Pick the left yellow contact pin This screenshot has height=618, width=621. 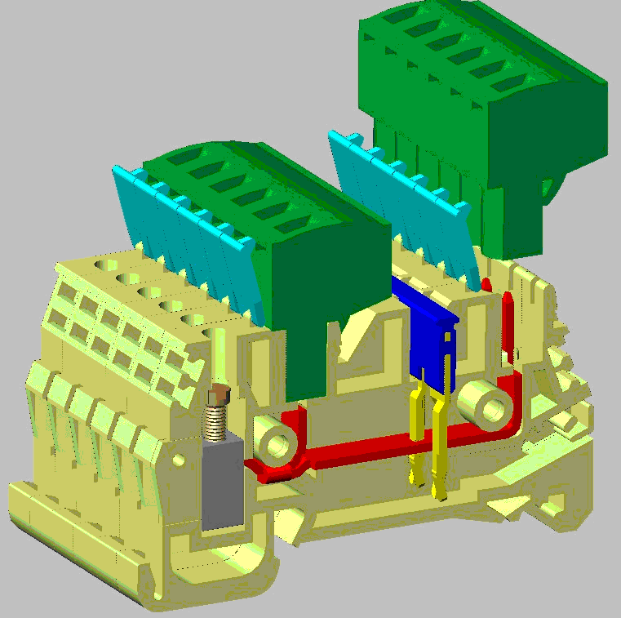(417, 433)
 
